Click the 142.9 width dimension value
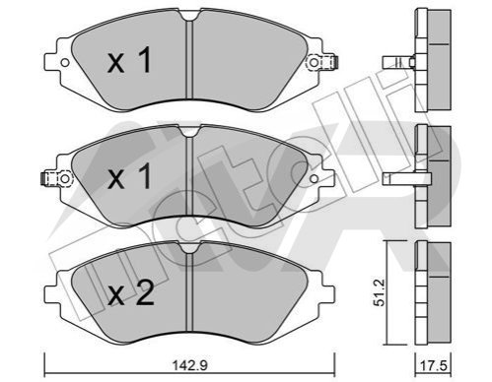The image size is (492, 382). pos(189,365)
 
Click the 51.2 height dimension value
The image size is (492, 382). pos(380,292)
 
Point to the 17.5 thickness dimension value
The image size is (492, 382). pos(435,366)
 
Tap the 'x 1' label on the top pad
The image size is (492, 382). pos(129,60)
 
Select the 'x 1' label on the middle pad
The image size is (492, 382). pos(129,176)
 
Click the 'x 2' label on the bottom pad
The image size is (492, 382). pos(130,293)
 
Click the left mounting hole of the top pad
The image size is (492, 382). pos(65,62)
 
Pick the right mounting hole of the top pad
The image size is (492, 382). pos(315,62)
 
